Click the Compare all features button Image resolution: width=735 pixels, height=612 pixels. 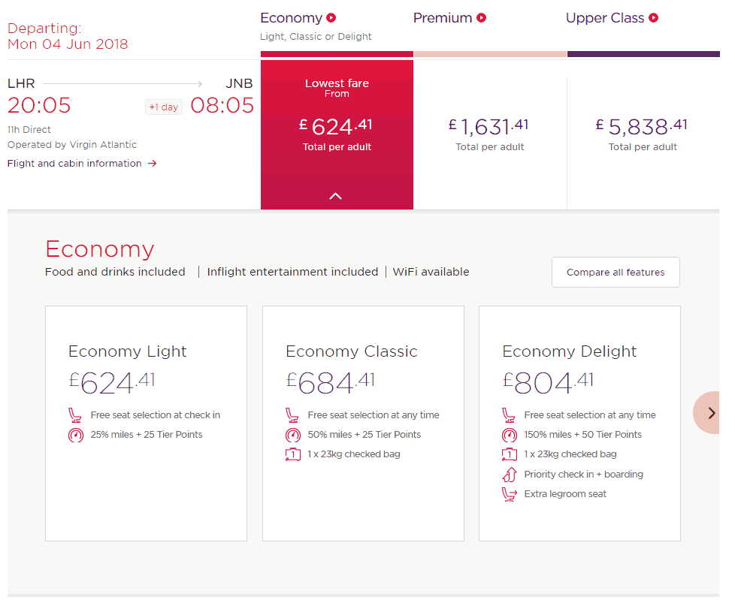pyautogui.click(x=616, y=273)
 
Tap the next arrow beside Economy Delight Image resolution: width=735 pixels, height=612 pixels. pyautogui.click(x=711, y=412)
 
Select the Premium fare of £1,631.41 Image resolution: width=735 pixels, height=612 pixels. pyautogui.click(x=489, y=126)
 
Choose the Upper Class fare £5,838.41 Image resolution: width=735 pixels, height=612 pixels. pyautogui.click(x=643, y=126)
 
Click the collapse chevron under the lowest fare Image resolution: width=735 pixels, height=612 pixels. pyautogui.click(x=336, y=196)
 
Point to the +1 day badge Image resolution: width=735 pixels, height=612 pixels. pyautogui.click(x=163, y=107)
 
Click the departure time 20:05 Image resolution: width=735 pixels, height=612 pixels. pyautogui.click(x=39, y=105)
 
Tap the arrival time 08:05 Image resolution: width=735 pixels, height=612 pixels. pyautogui.click(x=222, y=105)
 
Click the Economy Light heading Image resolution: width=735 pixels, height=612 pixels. pyautogui.click(x=127, y=351)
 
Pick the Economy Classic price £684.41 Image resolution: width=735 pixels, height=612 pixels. pyautogui.click(x=330, y=383)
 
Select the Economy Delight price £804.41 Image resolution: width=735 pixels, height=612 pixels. pyautogui.click(x=547, y=383)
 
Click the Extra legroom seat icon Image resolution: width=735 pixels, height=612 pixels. pyautogui.click(x=510, y=494)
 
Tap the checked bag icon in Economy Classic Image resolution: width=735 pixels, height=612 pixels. pyautogui.click(x=293, y=454)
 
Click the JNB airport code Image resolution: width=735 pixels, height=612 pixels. pyautogui.click(x=239, y=83)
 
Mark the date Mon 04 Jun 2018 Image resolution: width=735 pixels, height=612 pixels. pyautogui.click(x=68, y=44)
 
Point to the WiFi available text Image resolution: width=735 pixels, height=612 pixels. pyautogui.click(x=431, y=272)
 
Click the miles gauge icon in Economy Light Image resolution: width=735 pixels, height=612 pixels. pyautogui.click(x=76, y=435)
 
